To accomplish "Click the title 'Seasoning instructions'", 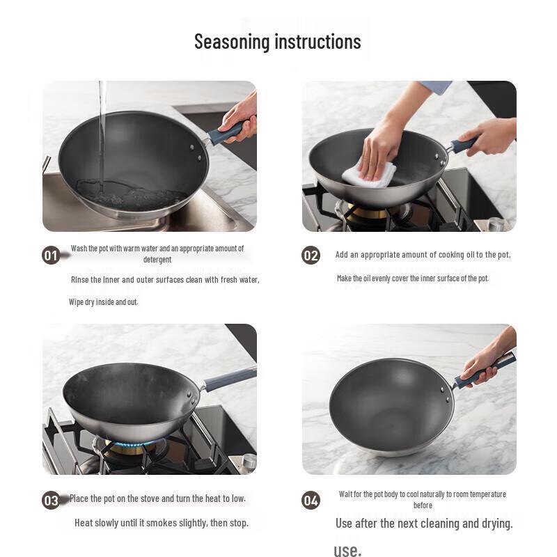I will [x=277, y=42].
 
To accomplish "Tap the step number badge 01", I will [x=51, y=256].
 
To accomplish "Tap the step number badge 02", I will [x=311, y=256].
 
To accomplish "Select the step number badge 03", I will [x=51, y=500].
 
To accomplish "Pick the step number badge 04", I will [x=311, y=500].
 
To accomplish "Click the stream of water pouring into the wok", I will [x=102, y=132].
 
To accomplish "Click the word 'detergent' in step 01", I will [x=157, y=260].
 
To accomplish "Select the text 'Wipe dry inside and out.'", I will [x=103, y=302].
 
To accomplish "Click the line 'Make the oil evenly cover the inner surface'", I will [x=413, y=278].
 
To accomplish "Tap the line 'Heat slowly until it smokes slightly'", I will [x=162, y=523].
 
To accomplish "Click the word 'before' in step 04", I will [x=423, y=505].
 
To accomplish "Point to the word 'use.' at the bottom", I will [x=347, y=551].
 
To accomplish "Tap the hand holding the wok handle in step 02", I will [x=491, y=136].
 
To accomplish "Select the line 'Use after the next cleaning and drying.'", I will [x=424, y=524].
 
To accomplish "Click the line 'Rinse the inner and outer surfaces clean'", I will [x=165, y=280].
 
